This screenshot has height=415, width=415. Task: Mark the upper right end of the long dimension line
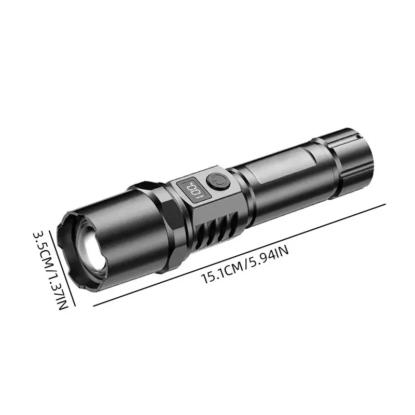386,204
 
